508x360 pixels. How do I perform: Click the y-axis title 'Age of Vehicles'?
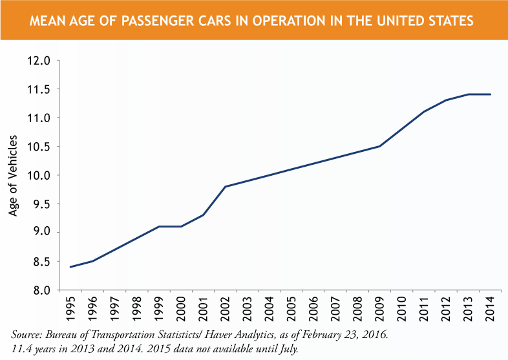tap(13, 175)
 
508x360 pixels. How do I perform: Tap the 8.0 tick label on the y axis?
tap(40, 290)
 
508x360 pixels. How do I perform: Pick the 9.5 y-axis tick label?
tap(40, 204)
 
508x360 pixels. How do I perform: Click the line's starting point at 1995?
tap(70, 267)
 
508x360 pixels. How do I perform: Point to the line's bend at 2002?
tap(225, 187)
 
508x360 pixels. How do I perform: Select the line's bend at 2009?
tap(380, 146)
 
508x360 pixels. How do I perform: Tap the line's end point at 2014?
tap(491, 94)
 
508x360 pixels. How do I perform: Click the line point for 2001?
tap(203, 215)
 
